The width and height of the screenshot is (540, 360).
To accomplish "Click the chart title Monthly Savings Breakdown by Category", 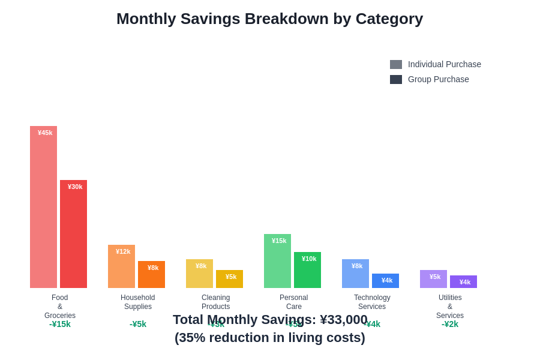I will [269, 19].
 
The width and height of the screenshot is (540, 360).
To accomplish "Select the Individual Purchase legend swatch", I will [396, 64].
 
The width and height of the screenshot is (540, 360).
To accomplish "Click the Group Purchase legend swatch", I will [396, 79].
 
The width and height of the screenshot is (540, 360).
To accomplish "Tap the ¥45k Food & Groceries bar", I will [43, 207].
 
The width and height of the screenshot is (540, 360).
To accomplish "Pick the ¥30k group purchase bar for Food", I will [73, 234].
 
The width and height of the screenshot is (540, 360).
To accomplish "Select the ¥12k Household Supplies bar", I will [121, 266].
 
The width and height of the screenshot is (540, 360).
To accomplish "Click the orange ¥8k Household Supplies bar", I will [151, 275].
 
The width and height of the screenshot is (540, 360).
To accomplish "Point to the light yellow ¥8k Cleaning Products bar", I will [199, 274].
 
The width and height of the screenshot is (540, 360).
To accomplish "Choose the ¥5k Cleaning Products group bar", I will [229, 279].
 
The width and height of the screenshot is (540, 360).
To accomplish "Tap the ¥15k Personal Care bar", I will [277, 261].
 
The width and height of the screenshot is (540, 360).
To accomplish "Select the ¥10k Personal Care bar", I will [307, 270].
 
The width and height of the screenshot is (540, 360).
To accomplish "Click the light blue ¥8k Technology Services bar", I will [355, 274].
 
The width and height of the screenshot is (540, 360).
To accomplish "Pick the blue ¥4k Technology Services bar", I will [385, 281].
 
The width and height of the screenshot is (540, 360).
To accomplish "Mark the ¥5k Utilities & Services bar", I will [433, 279].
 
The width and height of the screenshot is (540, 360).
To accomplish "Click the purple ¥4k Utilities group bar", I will [463, 282].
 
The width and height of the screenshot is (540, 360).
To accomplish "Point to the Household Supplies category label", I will [138, 302].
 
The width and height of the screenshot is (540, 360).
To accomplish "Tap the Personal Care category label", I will [294, 302].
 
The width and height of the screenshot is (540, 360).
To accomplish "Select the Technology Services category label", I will [372, 302].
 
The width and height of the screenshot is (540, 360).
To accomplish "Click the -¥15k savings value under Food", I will [60, 324].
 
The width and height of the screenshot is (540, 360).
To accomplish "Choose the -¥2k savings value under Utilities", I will [450, 324].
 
